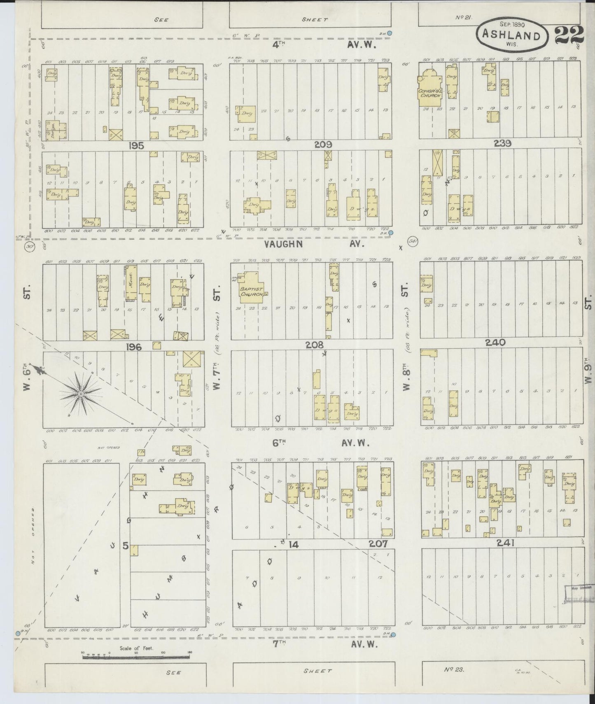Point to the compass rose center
point(81,394)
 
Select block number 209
point(322,145)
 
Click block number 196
point(134,347)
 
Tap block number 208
point(315,345)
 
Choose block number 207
point(378,544)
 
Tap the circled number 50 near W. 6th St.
point(29,246)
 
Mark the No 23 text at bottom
point(454,669)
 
